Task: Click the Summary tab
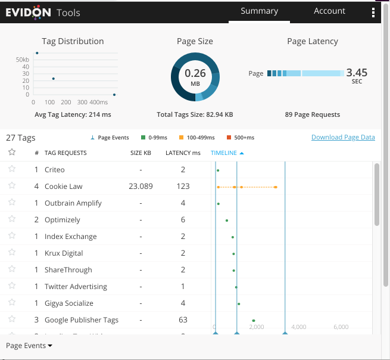tap(259, 11)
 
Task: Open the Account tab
tap(329, 11)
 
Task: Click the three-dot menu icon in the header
tap(373, 13)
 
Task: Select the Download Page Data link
tap(343, 137)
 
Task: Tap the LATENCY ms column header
tap(183, 153)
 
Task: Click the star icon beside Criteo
tap(11, 169)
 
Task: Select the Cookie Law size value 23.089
tap(141, 187)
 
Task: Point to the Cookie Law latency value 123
tap(183, 187)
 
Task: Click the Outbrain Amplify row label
tap(73, 203)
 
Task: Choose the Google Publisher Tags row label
tap(81, 320)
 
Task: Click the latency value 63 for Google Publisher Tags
tap(183, 320)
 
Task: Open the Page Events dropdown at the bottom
tap(29, 346)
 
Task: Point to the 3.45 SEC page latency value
tap(357, 73)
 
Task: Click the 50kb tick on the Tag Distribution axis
tap(23, 60)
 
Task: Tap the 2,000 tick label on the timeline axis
tap(256, 327)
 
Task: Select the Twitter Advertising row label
tap(76, 287)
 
